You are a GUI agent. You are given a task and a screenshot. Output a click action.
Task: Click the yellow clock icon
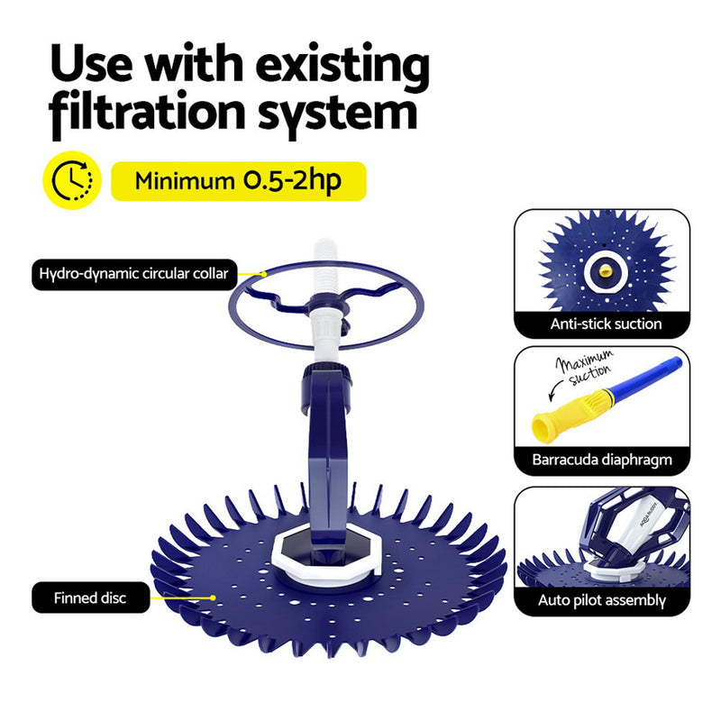(x=68, y=181)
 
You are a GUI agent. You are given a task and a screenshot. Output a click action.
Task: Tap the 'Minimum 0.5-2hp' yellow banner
(x=238, y=181)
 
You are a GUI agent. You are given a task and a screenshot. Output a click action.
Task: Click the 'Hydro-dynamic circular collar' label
(x=132, y=272)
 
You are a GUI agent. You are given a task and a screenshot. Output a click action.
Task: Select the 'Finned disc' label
(x=90, y=598)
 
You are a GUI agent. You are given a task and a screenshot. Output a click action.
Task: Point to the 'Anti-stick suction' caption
(x=607, y=324)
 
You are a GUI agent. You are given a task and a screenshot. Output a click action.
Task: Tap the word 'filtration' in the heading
(x=147, y=114)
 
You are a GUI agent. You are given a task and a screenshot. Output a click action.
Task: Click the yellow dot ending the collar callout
(x=263, y=272)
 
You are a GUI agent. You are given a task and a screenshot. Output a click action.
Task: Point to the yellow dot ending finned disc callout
(x=213, y=597)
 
